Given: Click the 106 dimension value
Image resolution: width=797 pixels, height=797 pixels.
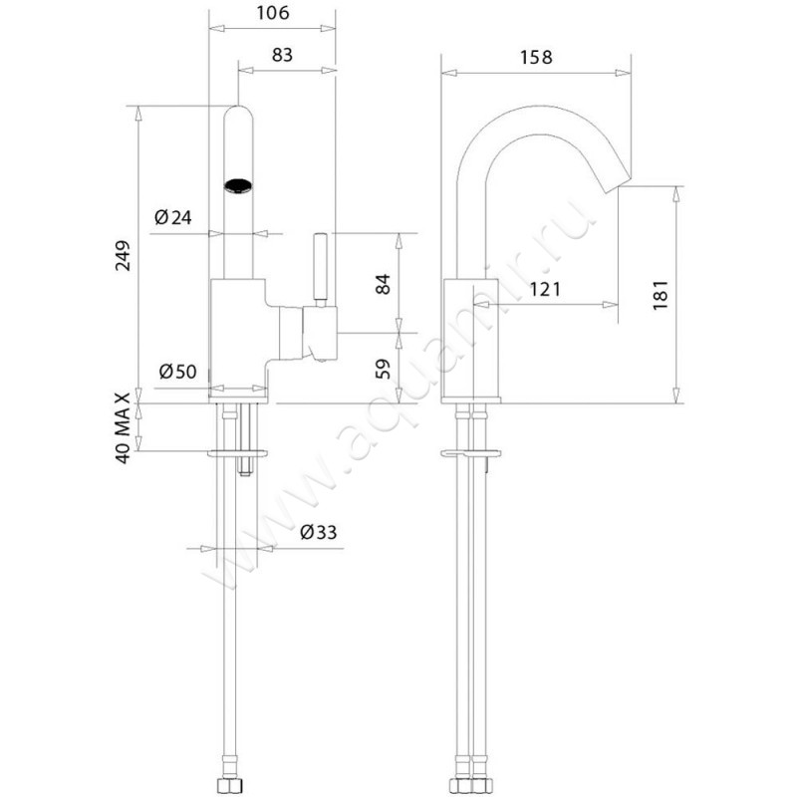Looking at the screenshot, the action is [x=273, y=13].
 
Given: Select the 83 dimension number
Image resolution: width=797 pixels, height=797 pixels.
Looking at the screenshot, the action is [x=282, y=55].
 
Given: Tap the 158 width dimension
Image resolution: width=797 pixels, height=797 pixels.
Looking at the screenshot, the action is [x=536, y=58].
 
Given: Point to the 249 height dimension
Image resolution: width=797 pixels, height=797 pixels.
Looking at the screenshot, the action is [x=123, y=255].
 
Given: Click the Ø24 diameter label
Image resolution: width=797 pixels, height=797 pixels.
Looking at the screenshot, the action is [x=173, y=217].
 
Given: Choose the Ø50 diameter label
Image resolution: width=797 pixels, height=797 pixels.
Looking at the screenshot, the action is [x=177, y=372].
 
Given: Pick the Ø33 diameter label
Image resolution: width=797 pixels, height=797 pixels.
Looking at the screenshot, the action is [x=319, y=532].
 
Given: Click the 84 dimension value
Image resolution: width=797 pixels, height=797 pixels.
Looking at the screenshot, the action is [x=383, y=284].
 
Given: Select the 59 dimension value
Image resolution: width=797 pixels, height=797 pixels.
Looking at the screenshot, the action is [x=383, y=369].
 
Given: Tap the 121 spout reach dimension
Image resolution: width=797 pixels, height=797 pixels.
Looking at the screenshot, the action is [x=545, y=289].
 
